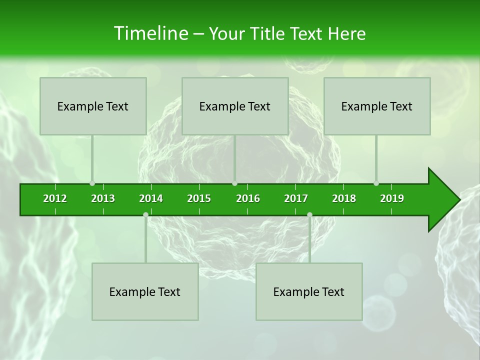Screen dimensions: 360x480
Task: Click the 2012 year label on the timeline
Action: point(55,198)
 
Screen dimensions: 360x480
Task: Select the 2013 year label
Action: point(103,198)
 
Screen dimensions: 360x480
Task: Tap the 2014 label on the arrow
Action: point(151,198)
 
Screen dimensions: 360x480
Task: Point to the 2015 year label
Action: point(199,198)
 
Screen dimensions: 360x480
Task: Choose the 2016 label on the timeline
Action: point(248,198)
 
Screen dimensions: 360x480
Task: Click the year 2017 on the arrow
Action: point(296,198)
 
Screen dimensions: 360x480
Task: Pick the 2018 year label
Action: point(344,198)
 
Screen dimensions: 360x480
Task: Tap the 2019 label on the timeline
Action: point(392,198)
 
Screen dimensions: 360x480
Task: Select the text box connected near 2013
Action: point(93,106)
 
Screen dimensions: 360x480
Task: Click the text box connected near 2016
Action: point(235,106)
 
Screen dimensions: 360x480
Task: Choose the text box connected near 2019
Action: point(377,106)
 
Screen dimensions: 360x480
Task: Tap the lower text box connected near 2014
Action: point(145,291)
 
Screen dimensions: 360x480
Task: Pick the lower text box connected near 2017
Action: point(309,291)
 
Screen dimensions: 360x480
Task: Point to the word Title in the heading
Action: point(269,34)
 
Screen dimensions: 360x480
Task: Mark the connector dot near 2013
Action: point(92,183)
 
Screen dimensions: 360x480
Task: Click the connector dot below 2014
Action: point(145,214)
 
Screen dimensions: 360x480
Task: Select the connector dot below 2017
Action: point(309,214)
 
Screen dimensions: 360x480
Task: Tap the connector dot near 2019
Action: point(376,183)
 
